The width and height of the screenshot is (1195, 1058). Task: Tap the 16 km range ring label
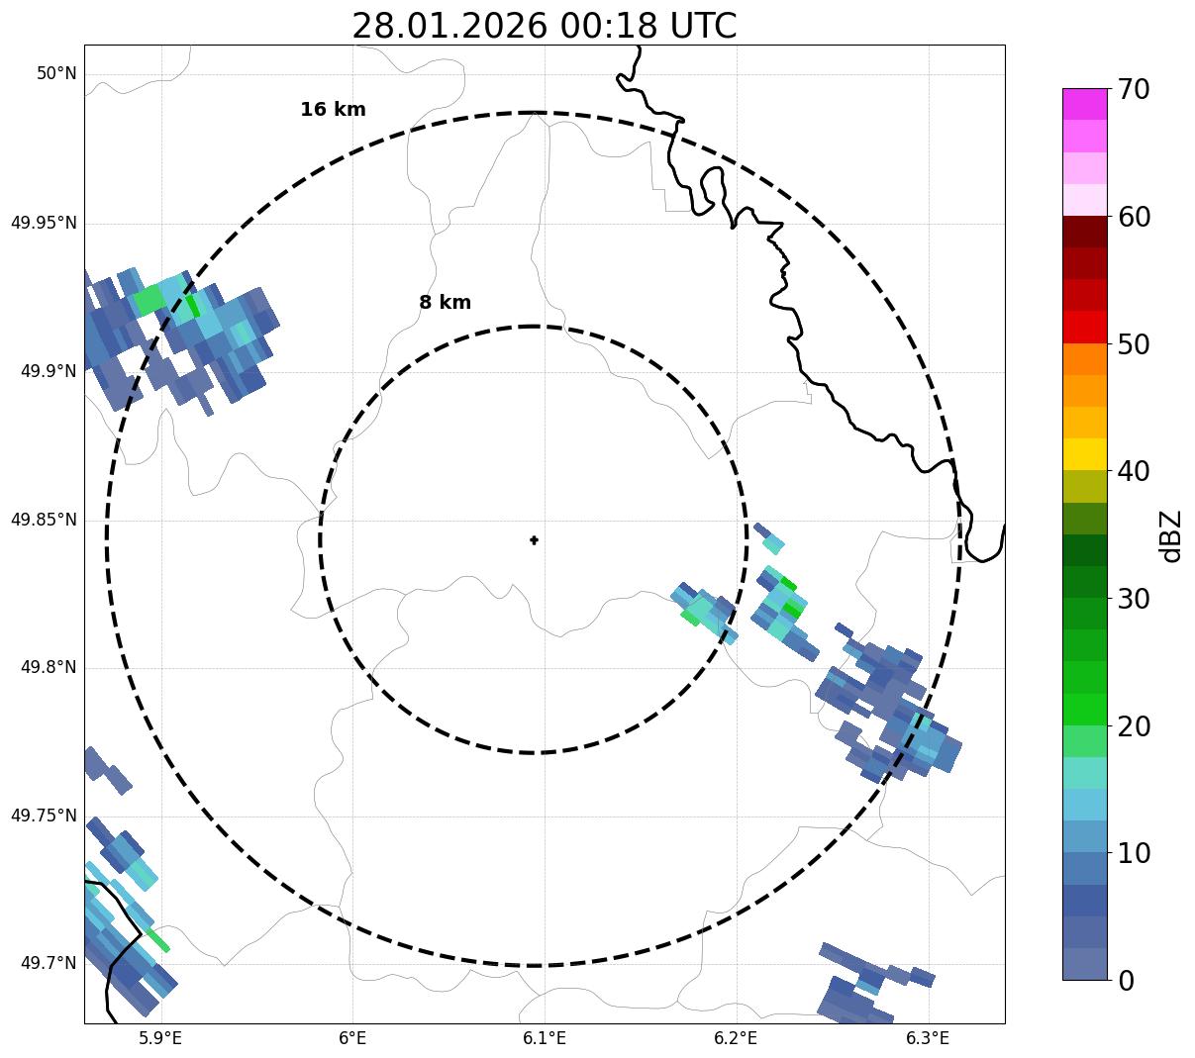[x=333, y=110]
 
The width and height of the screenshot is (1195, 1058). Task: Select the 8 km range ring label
[x=445, y=303]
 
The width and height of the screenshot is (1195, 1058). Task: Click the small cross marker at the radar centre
[x=535, y=539]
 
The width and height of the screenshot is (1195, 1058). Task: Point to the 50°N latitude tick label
[x=56, y=74]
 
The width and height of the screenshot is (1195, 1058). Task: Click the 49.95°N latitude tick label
[x=44, y=223]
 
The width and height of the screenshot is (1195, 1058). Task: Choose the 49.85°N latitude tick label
[x=44, y=520]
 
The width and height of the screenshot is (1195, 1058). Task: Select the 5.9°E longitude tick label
[x=160, y=1038]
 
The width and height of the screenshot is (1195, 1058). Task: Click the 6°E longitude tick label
[x=352, y=1038]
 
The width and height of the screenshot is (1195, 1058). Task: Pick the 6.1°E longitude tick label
[x=545, y=1038]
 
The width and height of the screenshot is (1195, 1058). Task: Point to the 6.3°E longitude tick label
[x=928, y=1038]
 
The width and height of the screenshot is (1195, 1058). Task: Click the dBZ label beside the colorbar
[x=1172, y=535]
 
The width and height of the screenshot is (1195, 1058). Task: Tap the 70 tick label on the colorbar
[x=1134, y=90]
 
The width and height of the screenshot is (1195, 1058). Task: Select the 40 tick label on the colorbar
[x=1134, y=472]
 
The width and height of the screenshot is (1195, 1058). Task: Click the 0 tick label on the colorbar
[x=1126, y=981]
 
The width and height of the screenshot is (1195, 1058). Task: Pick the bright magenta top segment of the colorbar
[x=1084, y=104]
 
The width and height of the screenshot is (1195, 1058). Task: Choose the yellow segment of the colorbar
[x=1084, y=454]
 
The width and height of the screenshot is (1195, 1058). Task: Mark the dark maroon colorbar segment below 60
[x=1084, y=232]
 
